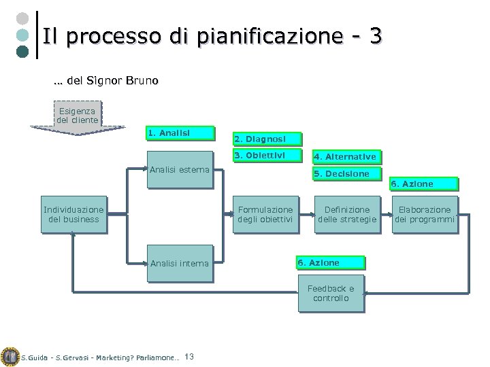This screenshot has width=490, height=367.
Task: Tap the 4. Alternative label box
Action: coord(348,157)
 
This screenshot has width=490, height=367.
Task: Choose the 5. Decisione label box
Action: coord(348,174)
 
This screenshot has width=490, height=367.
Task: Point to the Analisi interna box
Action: coord(180,263)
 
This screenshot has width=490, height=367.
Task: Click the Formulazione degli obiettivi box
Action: coord(264,215)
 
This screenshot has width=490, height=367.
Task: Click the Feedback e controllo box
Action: coord(331,294)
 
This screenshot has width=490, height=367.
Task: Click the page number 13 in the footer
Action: coord(190,357)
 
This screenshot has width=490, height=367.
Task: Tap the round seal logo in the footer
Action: coord(10,357)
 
